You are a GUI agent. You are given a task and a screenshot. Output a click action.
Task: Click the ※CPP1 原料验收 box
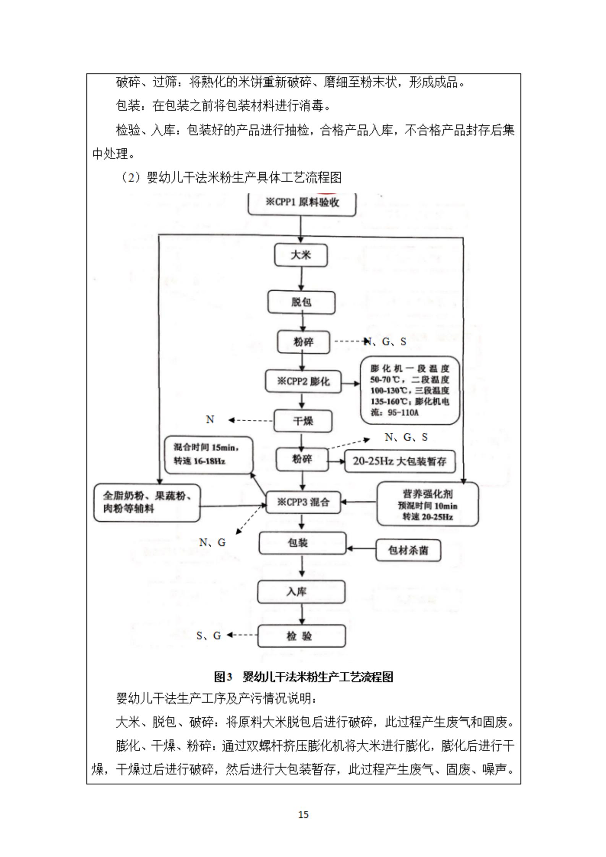click(302, 203)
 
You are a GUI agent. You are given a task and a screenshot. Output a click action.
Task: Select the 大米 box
click(301, 255)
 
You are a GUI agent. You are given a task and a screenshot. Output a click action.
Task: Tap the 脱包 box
click(301, 302)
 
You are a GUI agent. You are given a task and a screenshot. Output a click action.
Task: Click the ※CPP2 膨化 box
click(303, 381)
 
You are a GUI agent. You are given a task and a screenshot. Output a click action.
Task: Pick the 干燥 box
click(302, 421)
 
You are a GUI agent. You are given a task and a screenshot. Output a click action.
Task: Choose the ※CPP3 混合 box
click(303, 502)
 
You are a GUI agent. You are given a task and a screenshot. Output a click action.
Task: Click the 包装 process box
click(302, 543)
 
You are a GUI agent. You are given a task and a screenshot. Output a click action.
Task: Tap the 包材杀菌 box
click(408, 550)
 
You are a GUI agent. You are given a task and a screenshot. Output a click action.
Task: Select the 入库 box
click(301, 592)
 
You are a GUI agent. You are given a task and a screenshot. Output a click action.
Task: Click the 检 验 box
click(301, 636)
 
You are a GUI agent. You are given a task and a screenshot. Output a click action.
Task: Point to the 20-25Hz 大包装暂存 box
click(400, 461)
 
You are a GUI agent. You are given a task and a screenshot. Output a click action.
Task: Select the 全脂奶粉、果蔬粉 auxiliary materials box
click(147, 502)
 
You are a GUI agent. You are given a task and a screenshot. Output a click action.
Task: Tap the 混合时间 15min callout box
click(208, 454)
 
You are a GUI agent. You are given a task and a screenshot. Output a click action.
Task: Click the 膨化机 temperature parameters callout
click(410, 390)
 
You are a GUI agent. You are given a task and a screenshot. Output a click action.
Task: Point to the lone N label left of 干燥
click(210, 420)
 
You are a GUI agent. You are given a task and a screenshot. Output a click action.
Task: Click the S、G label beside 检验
click(209, 635)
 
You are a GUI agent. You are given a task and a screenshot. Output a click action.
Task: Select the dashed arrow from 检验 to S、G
click(243, 635)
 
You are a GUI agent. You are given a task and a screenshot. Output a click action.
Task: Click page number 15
click(303, 815)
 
